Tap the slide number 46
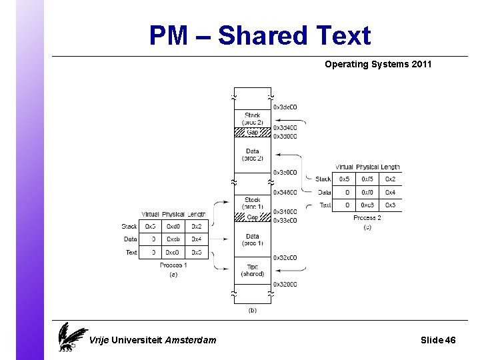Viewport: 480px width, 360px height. tap(450, 340)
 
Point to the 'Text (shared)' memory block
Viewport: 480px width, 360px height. tap(253, 270)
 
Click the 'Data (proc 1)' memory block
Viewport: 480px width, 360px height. tap(253, 239)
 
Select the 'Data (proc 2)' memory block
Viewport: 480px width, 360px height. tap(253, 155)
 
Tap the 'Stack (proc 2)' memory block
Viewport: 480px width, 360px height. tap(253, 119)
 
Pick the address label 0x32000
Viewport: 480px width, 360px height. tap(285, 285)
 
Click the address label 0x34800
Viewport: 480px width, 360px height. tap(285, 193)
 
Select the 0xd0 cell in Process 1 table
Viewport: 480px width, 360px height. tap(173, 227)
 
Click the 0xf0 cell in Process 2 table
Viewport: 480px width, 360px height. tap(367, 192)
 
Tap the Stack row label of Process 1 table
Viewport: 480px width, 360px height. tap(129, 227)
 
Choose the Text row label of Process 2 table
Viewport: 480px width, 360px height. tap(325, 205)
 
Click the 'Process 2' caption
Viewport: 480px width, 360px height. tap(367, 218)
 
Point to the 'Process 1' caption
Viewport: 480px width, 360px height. tap(173, 265)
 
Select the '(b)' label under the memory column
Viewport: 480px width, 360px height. tap(253, 310)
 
